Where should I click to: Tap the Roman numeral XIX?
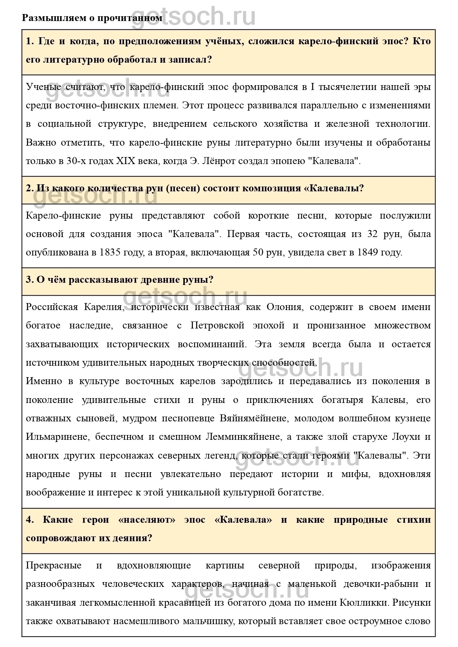click(126, 161)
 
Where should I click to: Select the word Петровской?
click(217, 326)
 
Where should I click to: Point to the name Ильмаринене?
click(57, 437)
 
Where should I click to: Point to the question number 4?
click(29, 520)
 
